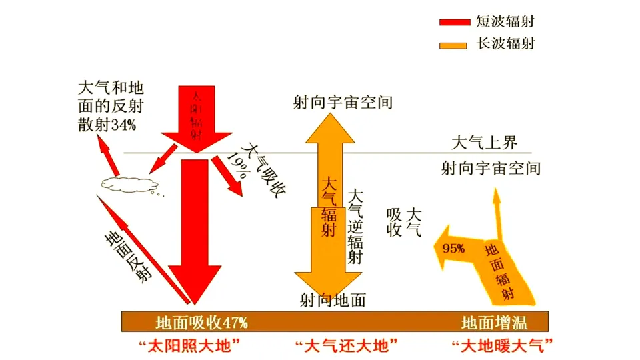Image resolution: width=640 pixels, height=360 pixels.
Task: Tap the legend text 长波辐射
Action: [x=506, y=45]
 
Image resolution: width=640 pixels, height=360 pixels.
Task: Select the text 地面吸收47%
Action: [x=201, y=323]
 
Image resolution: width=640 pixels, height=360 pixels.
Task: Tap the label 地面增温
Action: [x=494, y=323]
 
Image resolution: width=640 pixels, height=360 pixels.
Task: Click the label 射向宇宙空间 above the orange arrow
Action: [x=343, y=102]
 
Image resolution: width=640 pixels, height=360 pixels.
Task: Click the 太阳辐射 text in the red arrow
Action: [x=196, y=114]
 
